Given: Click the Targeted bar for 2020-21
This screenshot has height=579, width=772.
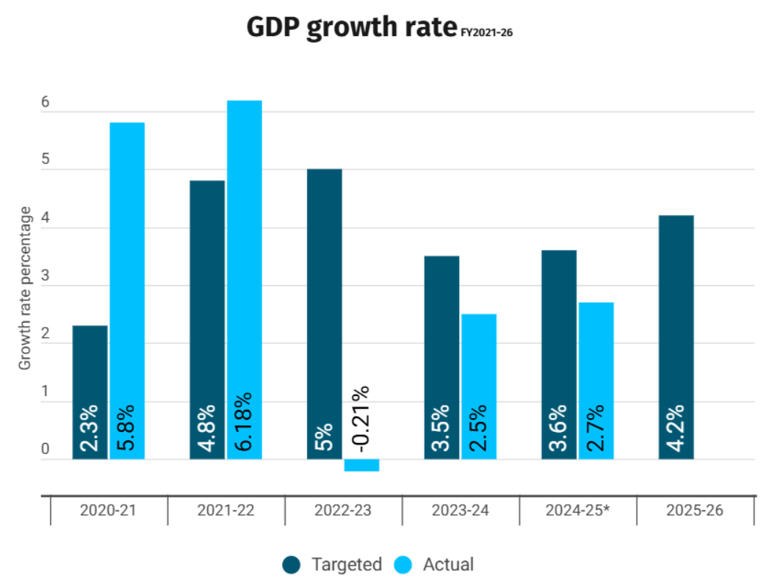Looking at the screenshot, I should [90, 367].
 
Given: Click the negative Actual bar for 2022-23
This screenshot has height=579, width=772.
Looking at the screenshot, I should [361, 465].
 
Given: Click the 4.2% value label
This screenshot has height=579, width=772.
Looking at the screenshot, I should [676, 431].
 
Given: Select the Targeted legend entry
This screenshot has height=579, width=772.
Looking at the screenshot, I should [333, 564].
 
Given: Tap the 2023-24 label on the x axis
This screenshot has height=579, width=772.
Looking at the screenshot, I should [461, 511].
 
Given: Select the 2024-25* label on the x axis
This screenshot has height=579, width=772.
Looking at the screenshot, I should [578, 511].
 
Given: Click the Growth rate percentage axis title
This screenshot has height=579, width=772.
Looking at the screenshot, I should [26, 288].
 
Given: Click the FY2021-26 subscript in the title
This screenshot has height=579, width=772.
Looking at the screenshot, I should [486, 32].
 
